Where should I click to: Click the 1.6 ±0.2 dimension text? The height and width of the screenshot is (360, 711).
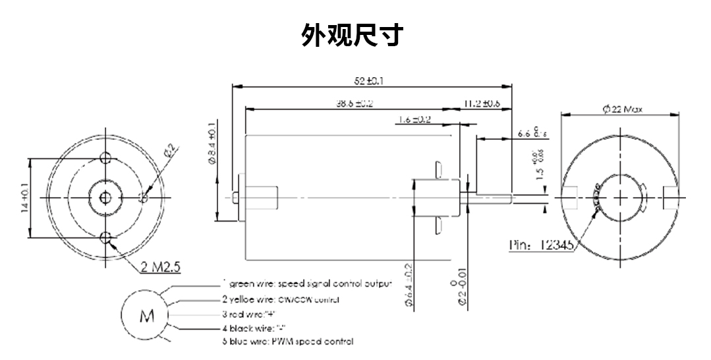click(x=414, y=119)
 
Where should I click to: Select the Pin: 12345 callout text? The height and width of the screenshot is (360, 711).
click(x=542, y=245)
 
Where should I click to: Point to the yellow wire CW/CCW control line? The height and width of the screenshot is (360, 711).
click(x=280, y=300)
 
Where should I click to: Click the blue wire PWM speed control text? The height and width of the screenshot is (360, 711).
click(x=287, y=342)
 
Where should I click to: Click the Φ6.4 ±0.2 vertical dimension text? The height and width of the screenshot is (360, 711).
click(x=408, y=285)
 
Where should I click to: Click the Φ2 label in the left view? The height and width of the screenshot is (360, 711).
click(x=168, y=150)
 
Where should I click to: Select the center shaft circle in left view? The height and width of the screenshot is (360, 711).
click(x=105, y=196)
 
